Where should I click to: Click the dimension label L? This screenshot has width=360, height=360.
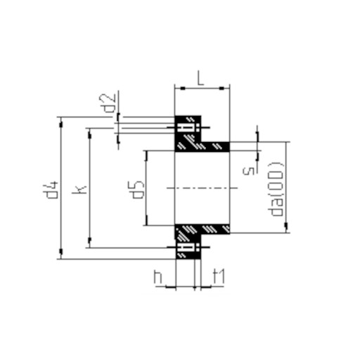click(x=200, y=78)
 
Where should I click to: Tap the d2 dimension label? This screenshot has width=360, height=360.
click(x=110, y=103)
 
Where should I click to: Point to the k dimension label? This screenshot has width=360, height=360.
click(x=79, y=190)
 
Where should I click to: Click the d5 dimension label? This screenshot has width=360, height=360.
click(x=138, y=190)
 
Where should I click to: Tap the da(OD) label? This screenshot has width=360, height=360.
click(x=276, y=189)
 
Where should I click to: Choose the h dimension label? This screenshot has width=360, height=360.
click(x=158, y=277)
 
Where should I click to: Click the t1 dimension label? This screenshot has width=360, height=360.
click(x=219, y=276)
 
